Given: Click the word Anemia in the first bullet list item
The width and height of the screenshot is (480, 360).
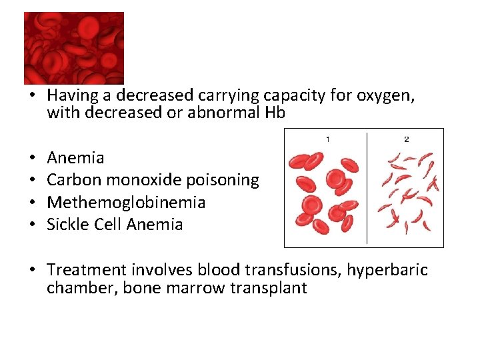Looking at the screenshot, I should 75,158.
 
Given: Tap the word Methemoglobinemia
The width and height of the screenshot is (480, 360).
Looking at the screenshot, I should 126,202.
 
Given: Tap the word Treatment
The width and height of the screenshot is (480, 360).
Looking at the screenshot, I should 87,270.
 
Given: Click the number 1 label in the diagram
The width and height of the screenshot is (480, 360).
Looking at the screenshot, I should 327,139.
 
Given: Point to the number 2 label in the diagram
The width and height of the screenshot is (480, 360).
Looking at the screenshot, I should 406,139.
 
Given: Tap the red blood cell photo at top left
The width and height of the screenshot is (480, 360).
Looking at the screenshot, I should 73,48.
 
